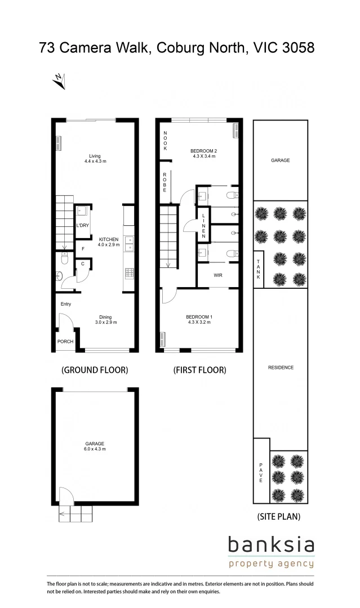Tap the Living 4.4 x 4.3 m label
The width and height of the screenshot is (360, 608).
pos(94,158)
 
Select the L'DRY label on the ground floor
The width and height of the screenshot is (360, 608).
pos(83,226)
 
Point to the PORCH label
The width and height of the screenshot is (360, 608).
pos(65,342)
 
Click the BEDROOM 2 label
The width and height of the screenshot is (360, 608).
pos(203,153)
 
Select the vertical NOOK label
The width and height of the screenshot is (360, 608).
pos(166,140)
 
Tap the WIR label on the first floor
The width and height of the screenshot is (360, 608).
pos(217,276)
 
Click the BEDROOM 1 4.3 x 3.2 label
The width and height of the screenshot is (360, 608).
pos(199,320)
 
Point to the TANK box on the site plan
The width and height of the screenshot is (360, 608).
pos(259,270)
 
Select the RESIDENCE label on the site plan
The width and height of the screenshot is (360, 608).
pos(281,368)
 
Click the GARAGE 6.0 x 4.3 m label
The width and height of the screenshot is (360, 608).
pos(95,446)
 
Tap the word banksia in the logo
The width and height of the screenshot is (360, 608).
pos(271,545)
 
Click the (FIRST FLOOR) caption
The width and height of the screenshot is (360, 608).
pos(199,370)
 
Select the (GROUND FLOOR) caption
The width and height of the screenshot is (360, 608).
pos(95,370)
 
